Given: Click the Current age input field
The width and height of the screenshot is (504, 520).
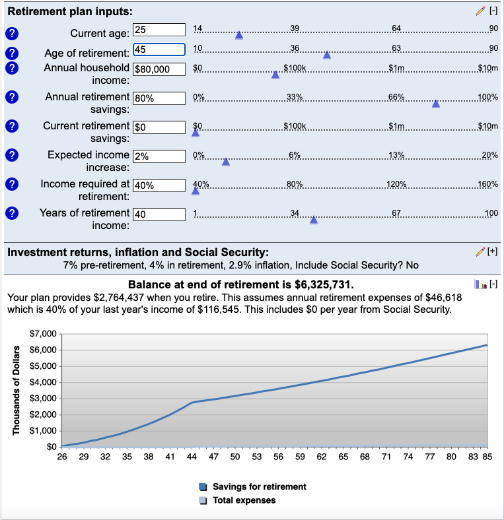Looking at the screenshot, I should pos(159,29).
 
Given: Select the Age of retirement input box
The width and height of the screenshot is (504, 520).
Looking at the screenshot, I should pos(159,49).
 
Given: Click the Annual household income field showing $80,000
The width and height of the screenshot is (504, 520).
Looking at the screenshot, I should pos(159,69).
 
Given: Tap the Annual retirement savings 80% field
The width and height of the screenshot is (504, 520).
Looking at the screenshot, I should pos(159,98).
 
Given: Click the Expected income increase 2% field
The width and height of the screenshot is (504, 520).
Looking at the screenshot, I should pos(159,156).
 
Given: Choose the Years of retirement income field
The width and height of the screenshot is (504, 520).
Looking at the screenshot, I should pos(159,214).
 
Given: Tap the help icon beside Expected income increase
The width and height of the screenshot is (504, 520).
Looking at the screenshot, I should pos(11,156).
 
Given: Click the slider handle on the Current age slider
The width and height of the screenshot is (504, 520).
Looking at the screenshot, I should pos(239,35).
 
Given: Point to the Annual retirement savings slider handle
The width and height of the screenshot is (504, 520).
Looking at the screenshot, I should pos(436,104).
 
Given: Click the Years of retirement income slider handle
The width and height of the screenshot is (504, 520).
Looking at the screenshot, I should pos(314,220).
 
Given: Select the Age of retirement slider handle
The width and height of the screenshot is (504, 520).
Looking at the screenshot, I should pos(326,55).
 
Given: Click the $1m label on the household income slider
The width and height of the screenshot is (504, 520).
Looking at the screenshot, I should pos(396,68).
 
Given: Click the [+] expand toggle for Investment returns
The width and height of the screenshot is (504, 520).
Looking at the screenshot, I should pos(492,251).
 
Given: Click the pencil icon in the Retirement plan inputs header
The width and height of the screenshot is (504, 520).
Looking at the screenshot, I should pos(480,11).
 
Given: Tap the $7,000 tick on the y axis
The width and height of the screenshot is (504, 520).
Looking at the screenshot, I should pos(44,334).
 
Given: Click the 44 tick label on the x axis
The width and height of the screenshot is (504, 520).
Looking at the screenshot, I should pos(192,456).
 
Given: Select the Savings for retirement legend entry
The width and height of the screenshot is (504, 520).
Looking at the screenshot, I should pos(259,486).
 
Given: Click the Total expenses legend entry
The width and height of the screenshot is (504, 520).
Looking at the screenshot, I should pos(244,500).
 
